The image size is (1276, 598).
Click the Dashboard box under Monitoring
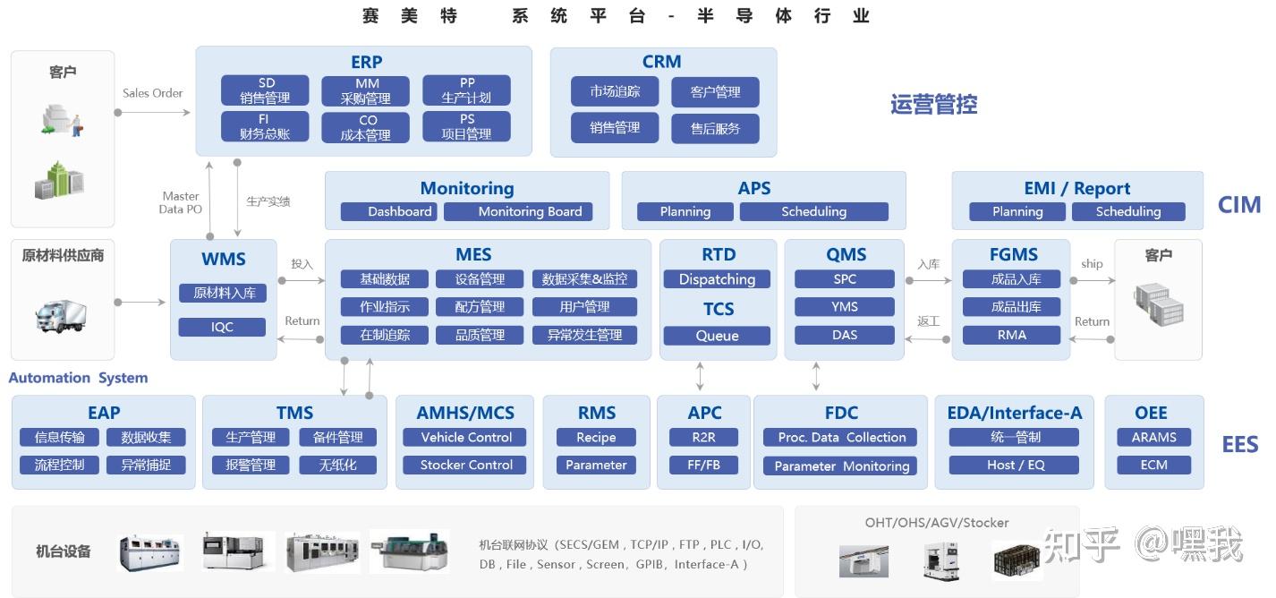(388, 212)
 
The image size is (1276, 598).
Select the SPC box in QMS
(845, 279)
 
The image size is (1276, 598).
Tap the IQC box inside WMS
(222, 327)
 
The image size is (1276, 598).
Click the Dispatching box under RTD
(717, 279)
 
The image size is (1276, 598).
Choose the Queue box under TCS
(717, 336)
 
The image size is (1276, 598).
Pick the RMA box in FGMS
(1011, 335)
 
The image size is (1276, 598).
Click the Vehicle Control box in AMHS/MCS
(466, 438)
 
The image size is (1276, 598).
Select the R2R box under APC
(704, 438)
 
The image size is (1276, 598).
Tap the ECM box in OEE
(1153, 466)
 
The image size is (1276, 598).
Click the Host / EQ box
(1015, 466)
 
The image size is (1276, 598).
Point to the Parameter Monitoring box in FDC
(841, 466)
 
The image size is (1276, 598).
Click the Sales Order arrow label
(153, 93)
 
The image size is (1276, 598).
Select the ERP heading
(366, 63)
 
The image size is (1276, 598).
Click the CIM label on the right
(1239, 205)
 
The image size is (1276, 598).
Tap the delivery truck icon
(61, 314)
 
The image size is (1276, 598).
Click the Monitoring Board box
(530, 212)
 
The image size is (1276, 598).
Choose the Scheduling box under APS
(813, 212)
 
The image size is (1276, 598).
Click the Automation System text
(78, 378)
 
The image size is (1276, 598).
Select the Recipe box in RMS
(596, 438)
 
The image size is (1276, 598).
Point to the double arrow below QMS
(816, 376)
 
